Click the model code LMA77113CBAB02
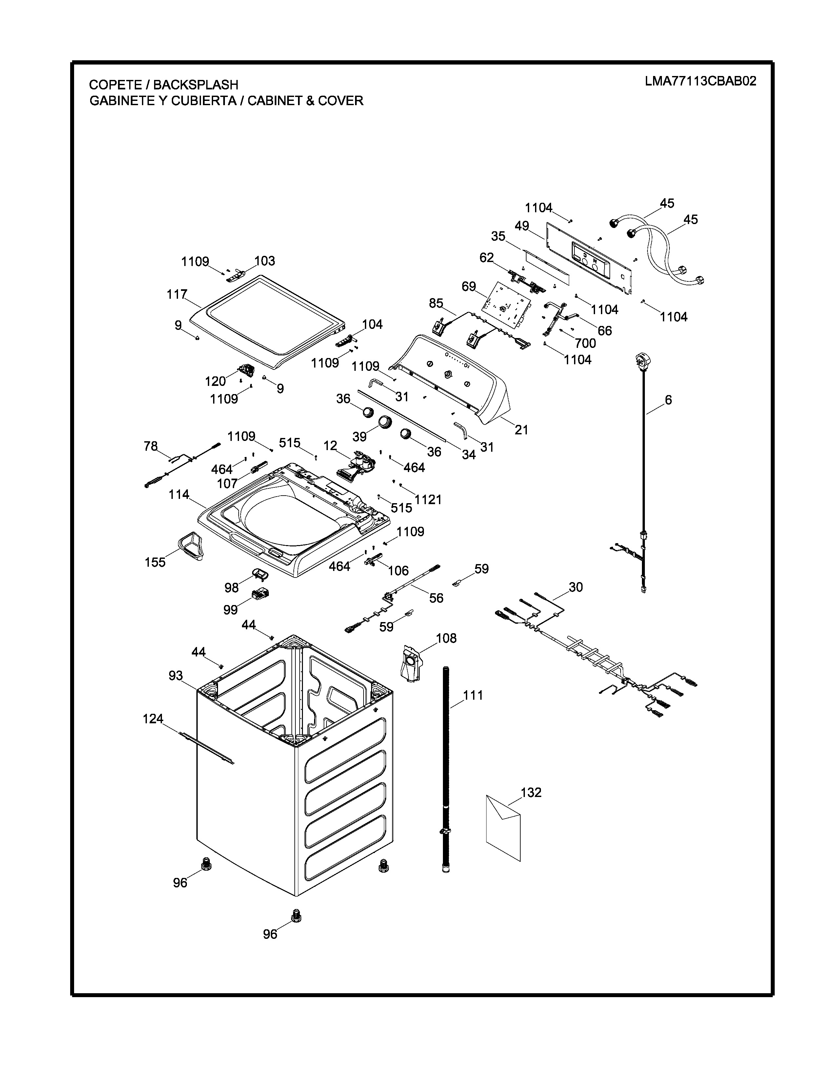[700, 82]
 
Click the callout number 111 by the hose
[473, 695]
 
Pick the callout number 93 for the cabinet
[176, 675]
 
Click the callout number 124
[153, 719]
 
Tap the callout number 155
[155, 562]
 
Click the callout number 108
[446, 638]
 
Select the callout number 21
[522, 430]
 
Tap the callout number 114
[179, 494]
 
